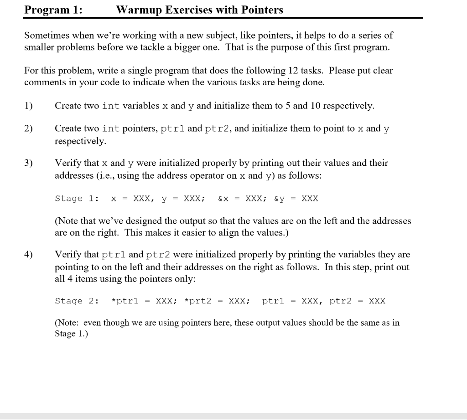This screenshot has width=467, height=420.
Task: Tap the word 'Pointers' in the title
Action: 261,10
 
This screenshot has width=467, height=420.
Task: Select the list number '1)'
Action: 29,106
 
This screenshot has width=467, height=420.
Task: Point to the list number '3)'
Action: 29,163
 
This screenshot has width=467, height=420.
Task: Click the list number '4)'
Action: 29,254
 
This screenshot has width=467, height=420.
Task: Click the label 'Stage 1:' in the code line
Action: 75,199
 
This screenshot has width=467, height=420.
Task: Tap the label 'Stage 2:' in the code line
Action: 75,301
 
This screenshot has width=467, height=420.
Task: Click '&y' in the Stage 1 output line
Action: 279,199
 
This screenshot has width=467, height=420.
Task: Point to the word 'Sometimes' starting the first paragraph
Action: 46,36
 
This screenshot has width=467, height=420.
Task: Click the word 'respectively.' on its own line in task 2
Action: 80,142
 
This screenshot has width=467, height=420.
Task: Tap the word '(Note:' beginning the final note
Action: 67,323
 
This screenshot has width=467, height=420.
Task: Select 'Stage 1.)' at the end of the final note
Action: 71,334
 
